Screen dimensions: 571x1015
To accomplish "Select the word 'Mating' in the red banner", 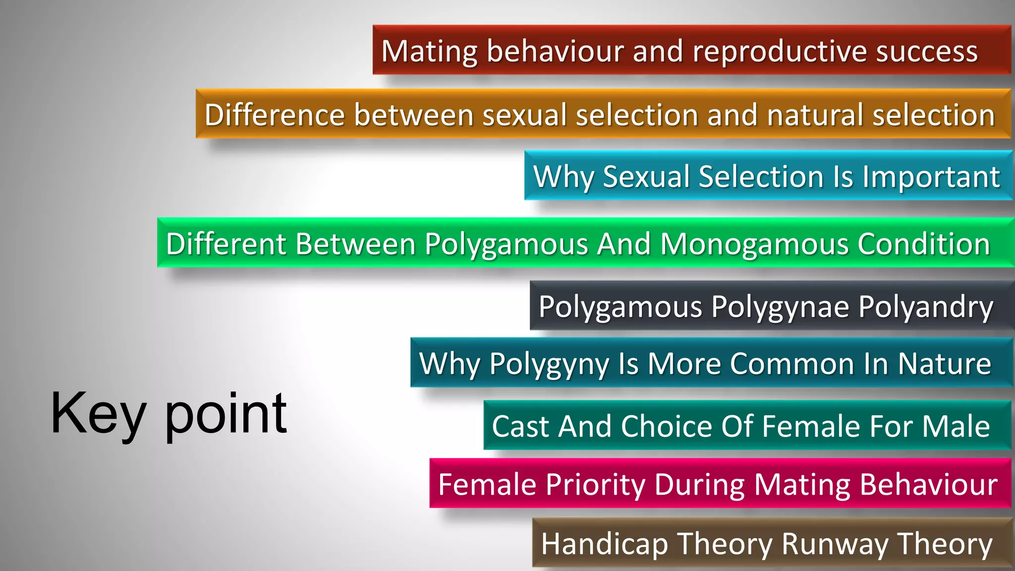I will (x=429, y=52).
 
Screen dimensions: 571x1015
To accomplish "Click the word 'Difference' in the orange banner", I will (x=275, y=115).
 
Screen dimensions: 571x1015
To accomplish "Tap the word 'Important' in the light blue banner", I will (x=931, y=176).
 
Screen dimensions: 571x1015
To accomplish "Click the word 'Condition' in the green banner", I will (x=923, y=244).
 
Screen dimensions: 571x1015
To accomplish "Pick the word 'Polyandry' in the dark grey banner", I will (x=925, y=307).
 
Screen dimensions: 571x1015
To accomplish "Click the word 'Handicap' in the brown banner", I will (x=604, y=544).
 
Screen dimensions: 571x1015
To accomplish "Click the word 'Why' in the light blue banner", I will (x=563, y=176).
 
